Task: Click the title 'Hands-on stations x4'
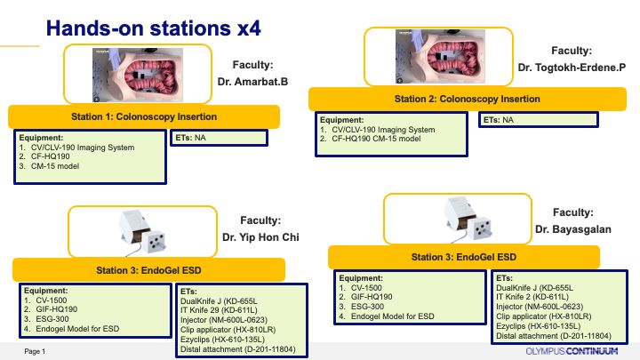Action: [153, 28]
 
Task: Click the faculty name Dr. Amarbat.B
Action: [252, 82]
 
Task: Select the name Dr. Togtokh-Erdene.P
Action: [572, 68]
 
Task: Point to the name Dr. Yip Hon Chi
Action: [260, 237]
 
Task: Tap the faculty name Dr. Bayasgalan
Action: [573, 229]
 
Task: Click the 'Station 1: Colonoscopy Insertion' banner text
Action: [144, 116]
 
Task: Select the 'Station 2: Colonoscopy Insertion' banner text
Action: [467, 99]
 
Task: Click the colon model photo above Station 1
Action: [138, 75]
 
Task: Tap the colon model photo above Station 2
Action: [440, 56]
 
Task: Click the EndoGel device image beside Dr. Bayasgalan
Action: [467, 219]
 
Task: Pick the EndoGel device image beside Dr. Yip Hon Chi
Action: [142, 232]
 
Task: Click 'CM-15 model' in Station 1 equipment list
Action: [55, 166]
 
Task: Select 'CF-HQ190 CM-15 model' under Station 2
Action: [376, 139]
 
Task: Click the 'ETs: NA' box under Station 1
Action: [219, 138]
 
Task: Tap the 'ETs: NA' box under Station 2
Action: [539, 120]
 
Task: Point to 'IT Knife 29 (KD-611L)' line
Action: [219, 310]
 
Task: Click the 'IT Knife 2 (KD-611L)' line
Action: [532, 297]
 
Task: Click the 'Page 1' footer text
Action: [35, 351]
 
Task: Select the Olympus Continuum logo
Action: [572, 351]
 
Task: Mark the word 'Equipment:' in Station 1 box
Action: [41, 138]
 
